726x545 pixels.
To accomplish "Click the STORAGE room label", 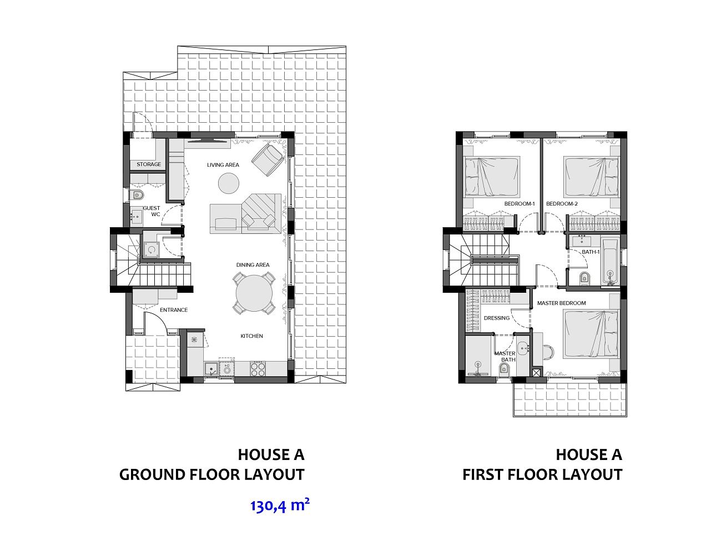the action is [149, 164].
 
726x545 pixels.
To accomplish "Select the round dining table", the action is [254, 293].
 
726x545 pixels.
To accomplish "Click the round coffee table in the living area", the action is [229, 183].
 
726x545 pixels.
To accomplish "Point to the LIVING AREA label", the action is [223, 165].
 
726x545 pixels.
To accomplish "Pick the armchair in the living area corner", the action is [267, 160].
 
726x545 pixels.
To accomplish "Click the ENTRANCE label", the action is [174, 310].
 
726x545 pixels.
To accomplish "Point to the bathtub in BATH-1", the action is [610, 261].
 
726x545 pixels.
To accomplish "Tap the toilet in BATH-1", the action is [584, 278].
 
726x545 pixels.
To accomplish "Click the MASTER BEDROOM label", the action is [561, 303].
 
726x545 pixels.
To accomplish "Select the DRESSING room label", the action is [496, 318].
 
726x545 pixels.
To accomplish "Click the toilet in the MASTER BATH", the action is [504, 368].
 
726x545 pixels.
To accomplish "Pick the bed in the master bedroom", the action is [591, 334].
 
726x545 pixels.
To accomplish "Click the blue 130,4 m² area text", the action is [280, 506].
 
